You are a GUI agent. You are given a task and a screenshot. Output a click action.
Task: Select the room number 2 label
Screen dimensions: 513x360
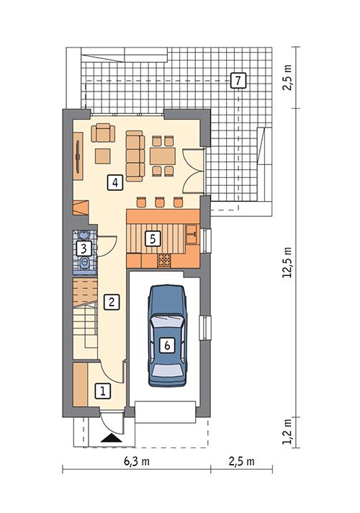tap(110, 303)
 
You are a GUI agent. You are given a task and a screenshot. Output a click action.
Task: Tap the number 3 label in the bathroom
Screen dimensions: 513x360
tap(84, 249)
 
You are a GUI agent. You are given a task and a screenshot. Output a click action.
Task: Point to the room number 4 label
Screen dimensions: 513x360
tap(114, 182)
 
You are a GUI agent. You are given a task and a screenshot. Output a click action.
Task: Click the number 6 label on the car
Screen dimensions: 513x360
tap(167, 345)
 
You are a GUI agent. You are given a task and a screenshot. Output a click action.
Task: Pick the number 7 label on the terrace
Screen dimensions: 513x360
tap(237, 80)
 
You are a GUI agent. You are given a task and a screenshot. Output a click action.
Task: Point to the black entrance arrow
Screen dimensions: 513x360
tap(111, 437)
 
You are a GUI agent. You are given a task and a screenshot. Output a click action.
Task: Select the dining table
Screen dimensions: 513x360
tap(163, 155)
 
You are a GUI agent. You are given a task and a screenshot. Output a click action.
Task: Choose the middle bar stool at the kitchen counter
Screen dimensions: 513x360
tap(160, 202)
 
